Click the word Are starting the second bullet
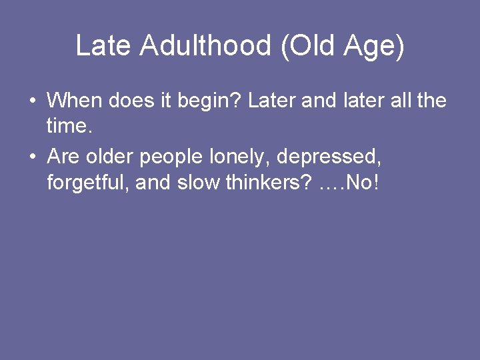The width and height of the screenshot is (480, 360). (x=64, y=157)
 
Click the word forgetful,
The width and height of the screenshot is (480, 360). (x=88, y=182)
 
